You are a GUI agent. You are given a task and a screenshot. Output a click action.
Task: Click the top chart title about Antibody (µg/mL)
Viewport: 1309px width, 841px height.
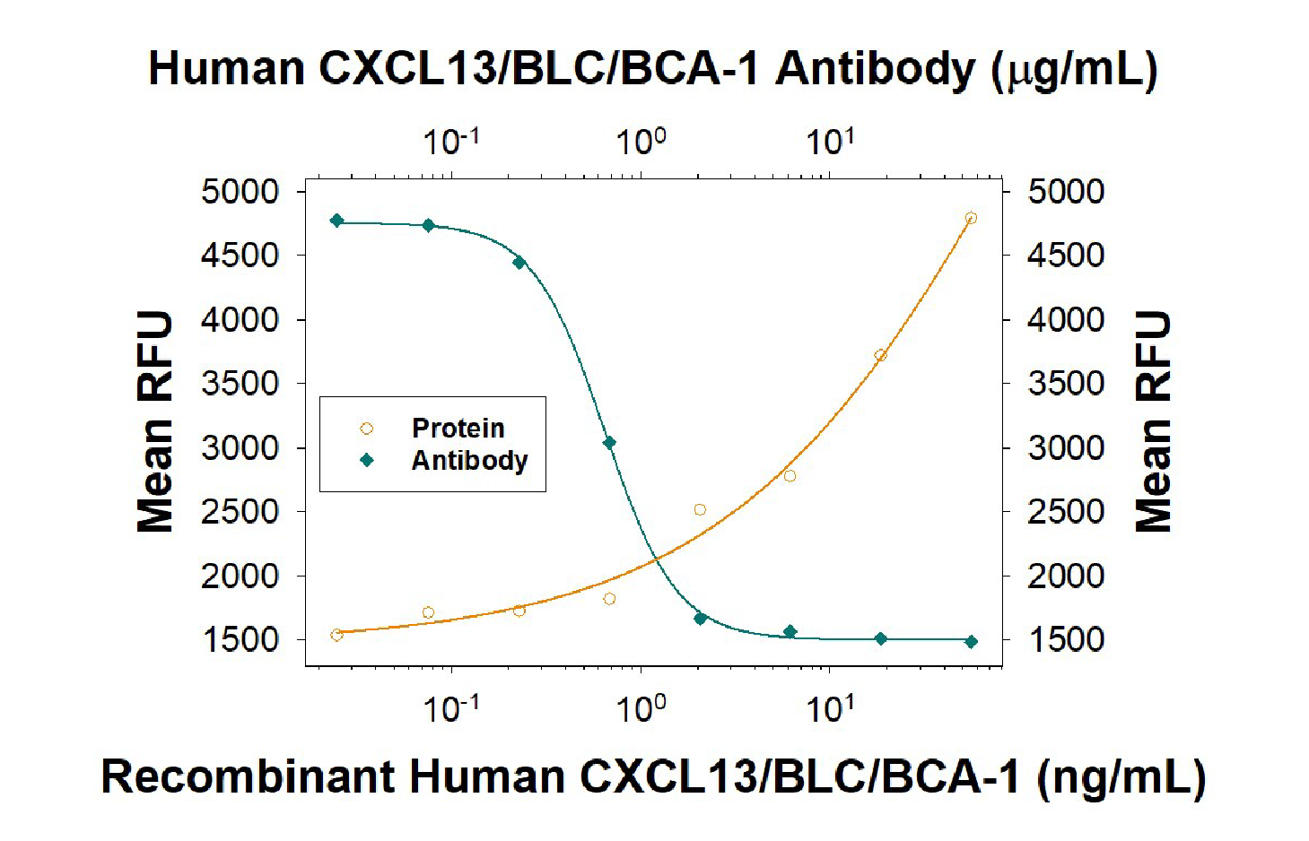click(x=652, y=69)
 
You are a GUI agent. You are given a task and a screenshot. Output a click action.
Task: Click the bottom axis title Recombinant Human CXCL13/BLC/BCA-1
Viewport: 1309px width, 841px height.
click(x=652, y=776)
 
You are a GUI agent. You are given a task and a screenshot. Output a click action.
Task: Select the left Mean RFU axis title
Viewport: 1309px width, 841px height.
click(x=154, y=421)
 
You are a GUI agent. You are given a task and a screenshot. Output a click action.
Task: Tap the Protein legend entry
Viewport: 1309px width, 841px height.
click(x=457, y=428)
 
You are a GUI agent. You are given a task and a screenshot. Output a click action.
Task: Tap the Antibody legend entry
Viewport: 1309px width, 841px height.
click(x=468, y=460)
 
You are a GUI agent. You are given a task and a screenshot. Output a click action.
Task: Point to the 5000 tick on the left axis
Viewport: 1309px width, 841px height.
click(x=240, y=191)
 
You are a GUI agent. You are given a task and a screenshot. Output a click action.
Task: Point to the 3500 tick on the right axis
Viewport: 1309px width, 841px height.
click(x=1065, y=384)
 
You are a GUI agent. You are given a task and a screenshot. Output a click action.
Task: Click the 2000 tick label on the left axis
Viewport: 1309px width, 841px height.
click(x=240, y=576)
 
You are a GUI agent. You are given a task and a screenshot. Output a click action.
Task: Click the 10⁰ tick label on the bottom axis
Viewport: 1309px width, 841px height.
click(x=641, y=709)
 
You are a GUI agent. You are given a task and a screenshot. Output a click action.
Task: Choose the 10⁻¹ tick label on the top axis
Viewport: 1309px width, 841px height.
click(x=450, y=142)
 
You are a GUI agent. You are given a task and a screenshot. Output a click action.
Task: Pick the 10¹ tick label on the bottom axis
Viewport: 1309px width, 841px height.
click(x=830, y=709)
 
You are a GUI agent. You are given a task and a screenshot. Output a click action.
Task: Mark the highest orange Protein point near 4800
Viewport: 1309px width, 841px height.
click(x=971, y=218)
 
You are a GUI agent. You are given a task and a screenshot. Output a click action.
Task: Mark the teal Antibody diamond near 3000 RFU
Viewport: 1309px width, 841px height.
click(x=609, y=443)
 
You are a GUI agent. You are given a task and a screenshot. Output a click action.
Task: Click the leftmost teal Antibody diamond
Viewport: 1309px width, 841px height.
click(x=336, y=221)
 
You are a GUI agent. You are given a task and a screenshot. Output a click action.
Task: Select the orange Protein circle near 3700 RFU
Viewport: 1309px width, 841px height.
click(x=880, y=356)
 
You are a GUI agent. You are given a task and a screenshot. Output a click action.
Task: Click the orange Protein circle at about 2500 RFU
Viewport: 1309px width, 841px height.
click(x=700, y=510)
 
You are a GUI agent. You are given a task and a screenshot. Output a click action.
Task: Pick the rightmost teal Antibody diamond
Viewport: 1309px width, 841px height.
click(x=971, y=642)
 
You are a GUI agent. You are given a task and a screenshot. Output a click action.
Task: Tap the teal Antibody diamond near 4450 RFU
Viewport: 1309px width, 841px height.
click(x=519, y=263)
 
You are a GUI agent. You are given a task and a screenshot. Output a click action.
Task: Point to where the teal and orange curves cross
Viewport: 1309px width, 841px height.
click(x=657, y=559)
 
